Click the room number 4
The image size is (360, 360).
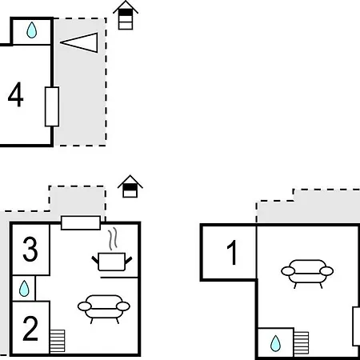[x=16, y=94]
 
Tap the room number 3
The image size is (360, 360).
[x=30, y=250]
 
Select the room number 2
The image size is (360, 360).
[x=30, y=328]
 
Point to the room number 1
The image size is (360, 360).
[x=232, y=252]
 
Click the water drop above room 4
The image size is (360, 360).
[x=32, y=30]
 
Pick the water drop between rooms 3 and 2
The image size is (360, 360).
[x=24, y=289]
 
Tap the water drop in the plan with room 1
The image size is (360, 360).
[x=275, y=343]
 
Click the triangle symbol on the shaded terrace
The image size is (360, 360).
[x=79, y=42]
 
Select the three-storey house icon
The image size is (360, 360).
[x=126, y=15]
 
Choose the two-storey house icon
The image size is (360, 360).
[x=130, y=186]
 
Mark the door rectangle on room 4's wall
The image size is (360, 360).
[x=52, y=106]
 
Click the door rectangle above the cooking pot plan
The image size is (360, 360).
[x=81, y=223]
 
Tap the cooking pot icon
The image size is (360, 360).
[x=112, y=262]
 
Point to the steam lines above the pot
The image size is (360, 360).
[x=113, y=238]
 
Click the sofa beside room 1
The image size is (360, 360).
[x=307, y=274]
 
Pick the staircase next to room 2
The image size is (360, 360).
[x=57, y=341]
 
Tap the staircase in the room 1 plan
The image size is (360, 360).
[x=301, y=343]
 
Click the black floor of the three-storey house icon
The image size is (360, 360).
[x=126, y=13]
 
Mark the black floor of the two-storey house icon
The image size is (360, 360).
[x=130, y=187]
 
